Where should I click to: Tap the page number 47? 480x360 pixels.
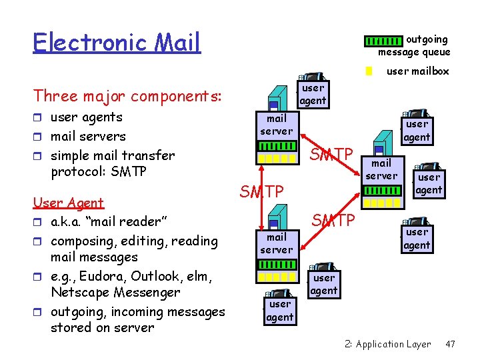450,344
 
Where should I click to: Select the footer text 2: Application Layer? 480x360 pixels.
387,344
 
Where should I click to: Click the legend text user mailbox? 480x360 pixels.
418,71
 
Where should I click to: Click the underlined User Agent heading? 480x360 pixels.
69,203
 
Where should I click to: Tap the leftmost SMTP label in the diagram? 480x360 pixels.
261,192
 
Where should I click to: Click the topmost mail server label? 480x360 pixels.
276,125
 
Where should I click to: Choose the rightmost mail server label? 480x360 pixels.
381,169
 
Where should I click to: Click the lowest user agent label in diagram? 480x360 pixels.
280,311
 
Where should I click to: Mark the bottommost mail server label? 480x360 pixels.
276,243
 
